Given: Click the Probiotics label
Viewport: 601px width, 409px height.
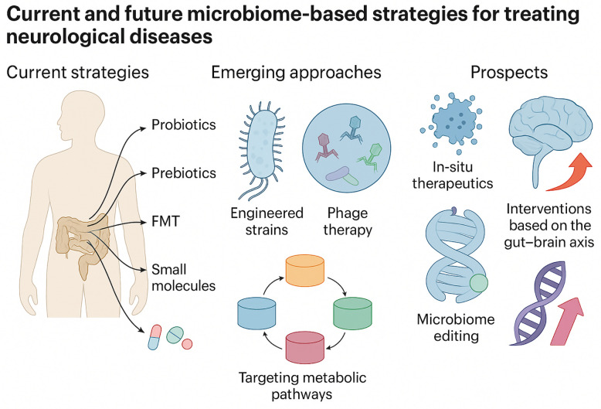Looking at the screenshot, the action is [x=184, y=125].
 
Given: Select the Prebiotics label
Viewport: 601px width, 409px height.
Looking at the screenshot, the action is [x=184, y=173].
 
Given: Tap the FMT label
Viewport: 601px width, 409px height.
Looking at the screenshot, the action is [x=165, y=222].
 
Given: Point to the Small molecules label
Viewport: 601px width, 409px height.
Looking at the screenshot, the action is [x=184, y=278].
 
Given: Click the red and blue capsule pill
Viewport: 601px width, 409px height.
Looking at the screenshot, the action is [x=154, y=337].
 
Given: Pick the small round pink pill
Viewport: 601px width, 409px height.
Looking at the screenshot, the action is [x=187, y=344].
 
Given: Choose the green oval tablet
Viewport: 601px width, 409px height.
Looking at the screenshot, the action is [x=175, y=335].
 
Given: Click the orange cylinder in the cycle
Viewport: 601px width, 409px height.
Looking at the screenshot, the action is [x=305, y=270].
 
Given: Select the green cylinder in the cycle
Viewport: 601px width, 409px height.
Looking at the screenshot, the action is [x=352, y=313].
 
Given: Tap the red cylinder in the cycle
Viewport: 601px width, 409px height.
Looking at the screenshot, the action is [x=305, y=347].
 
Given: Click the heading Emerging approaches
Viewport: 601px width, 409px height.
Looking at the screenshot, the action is [x=297, y=73].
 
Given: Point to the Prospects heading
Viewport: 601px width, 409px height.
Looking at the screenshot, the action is [x=509, y=73].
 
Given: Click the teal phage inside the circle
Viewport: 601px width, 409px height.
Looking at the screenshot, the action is [x=352, y=128].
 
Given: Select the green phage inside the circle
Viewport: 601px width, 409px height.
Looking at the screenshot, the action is [x=369, y=156].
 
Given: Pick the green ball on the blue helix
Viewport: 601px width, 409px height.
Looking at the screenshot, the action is [x=478, y=284].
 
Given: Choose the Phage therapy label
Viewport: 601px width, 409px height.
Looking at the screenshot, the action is [x=348, y=221].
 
